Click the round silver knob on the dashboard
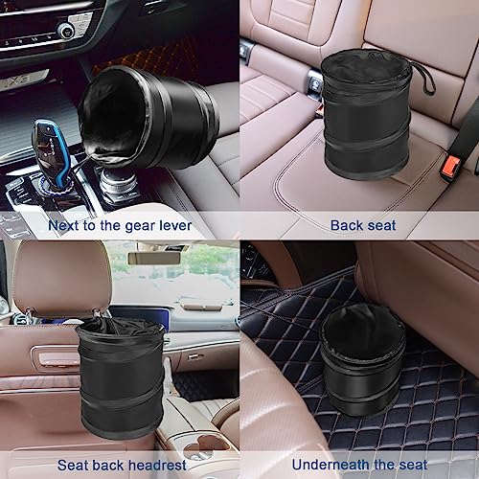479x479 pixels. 66,31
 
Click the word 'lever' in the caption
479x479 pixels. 172,225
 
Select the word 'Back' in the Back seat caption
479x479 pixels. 346,225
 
